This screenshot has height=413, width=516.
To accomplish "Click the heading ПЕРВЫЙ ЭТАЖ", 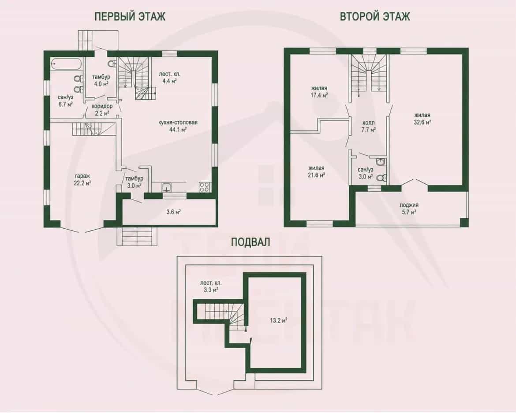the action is [130, 16].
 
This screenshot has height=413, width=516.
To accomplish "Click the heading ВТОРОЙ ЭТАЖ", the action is [375, 16].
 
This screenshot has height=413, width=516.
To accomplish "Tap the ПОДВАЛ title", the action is [251, 242].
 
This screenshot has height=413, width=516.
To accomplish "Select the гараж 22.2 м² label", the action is [82, 179].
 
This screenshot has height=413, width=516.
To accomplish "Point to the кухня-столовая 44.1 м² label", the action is [178, 126].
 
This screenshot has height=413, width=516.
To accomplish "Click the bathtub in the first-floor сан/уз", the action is [66, 64].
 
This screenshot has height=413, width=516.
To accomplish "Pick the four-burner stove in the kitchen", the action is [204, 186].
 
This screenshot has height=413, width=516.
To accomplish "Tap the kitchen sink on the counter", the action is [167, 187].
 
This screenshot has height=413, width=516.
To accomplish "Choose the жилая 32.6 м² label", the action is [423, 119].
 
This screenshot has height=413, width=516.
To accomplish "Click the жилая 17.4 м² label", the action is [319, 92].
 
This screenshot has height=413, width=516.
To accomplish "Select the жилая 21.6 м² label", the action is [316, 171].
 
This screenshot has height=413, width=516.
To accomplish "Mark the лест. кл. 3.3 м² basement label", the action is [211, 286].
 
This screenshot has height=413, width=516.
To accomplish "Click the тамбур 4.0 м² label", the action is [101, 80].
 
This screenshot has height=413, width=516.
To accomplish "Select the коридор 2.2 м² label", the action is [102, 109].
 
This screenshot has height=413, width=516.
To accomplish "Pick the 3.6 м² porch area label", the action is [173, 212].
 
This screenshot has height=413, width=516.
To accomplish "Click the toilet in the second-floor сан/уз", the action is [381, 178].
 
